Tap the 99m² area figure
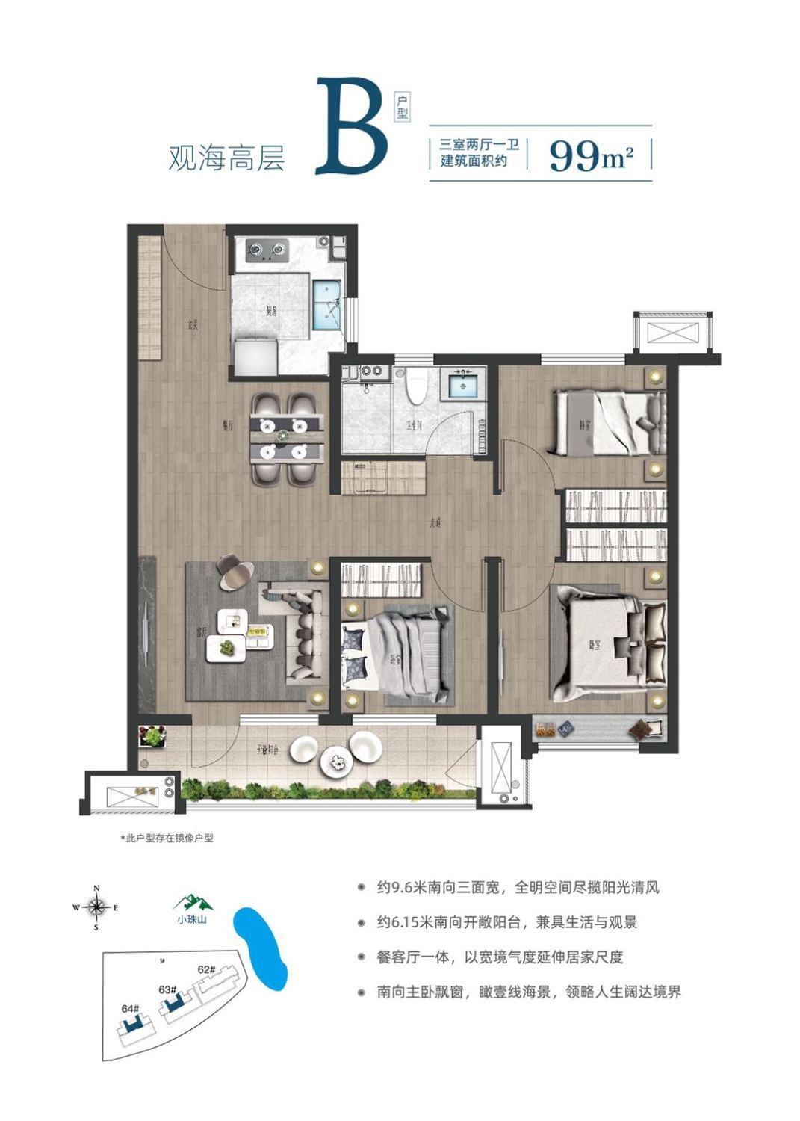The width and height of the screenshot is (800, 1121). coord(591,155)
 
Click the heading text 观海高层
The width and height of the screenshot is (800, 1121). coord(226,158)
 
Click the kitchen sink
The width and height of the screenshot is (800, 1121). coord(326,304)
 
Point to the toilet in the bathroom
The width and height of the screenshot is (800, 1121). coord(418,384)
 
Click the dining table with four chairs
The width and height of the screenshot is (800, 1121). coord(288,440)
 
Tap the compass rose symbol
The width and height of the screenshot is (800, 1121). coord(96,907)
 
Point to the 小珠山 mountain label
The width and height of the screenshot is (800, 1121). coord(192,919)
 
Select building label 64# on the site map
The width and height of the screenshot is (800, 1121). coord(130,1008)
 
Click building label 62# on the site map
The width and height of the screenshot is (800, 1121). coord(206,969)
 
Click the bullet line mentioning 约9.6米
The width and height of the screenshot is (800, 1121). coord(518,889)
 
